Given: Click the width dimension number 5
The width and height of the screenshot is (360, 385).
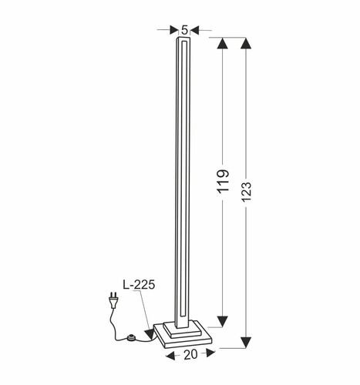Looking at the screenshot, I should [x=184, y=30].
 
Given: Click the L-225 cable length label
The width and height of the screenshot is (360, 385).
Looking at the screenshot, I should [x=139, y=284].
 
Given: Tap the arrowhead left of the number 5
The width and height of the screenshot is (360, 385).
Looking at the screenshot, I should [x=173, y=31].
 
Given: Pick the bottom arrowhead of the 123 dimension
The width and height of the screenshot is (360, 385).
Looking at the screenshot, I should [x=246, y=341].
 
